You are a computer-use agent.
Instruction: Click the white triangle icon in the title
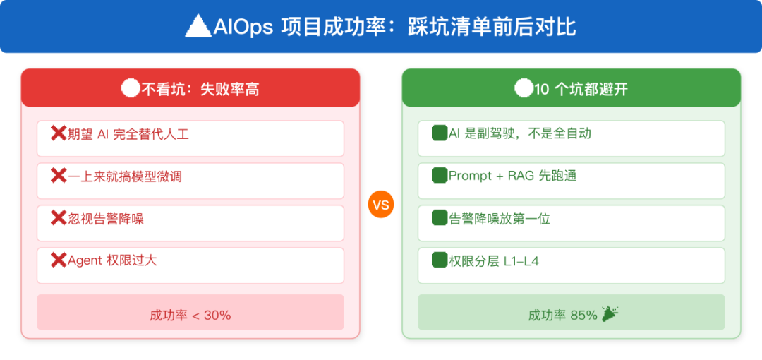pos(199,26)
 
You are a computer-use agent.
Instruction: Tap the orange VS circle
pos(380,205)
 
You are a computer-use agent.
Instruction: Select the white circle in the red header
pos(131,89)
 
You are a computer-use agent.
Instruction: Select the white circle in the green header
pos(524,89)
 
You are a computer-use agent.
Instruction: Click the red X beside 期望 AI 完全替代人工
pos(59,133)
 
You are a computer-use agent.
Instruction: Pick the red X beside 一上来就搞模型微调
pos(59,176)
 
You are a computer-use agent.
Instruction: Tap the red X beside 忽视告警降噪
pos(59,218)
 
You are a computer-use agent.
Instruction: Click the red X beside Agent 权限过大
pos(59,260)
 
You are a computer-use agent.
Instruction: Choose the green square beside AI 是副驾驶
pos(440,133)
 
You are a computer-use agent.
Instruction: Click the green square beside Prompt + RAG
pos(440,176)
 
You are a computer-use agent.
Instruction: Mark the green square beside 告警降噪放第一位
pos(440,218)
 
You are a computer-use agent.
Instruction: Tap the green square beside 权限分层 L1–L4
pos(440,260)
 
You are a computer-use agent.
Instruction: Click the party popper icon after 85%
pos(610,314)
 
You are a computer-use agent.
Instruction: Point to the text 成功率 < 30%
pos(190,316)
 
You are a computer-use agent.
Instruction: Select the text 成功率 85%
pos(563,316)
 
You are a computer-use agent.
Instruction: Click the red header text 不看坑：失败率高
pos(200,90)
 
